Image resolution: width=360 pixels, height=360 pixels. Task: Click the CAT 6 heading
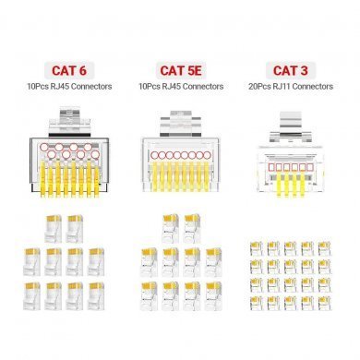click(x=69, y=70)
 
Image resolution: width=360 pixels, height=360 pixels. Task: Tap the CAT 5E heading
click(x=181, y=70)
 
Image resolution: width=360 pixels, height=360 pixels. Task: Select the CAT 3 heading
click(x=290, y=70)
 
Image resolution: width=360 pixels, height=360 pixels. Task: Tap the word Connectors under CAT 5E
click(x=202, y=87)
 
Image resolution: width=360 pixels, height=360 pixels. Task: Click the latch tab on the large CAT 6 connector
click(x=70, y=121)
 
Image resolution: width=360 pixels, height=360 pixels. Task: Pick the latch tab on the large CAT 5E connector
click(x=181, y=124)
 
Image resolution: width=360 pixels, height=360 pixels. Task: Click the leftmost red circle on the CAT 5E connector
click(x=154, y=155)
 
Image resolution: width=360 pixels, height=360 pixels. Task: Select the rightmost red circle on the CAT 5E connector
click(x=207, y=155)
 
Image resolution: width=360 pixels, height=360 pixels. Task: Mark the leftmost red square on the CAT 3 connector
click(x=271, y=167)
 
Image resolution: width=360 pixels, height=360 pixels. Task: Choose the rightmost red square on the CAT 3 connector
click(x=310, y=167)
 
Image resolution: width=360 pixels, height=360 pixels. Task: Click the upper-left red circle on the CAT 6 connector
click(x=43, y=147)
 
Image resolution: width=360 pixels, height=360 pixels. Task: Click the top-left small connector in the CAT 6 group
click(x=53, y=229)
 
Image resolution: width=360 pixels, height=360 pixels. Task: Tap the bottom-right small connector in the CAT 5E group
click(x=213, y=296)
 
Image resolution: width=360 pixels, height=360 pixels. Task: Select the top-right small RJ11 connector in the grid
click(x=324, y=248)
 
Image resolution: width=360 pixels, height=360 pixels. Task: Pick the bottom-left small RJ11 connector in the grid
click(x=256, y=303)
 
